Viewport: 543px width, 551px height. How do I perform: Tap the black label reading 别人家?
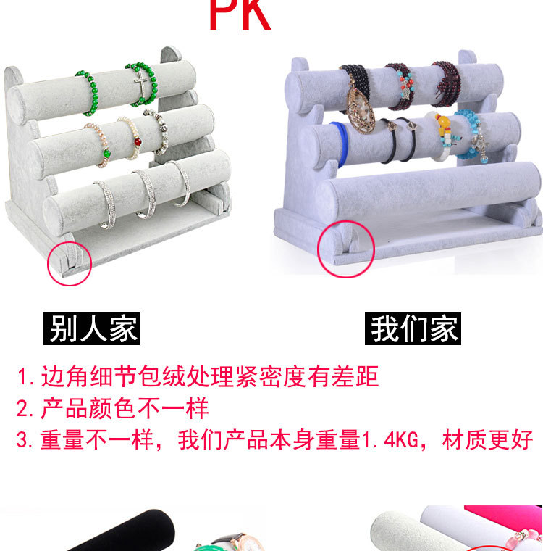(x=92, y=328)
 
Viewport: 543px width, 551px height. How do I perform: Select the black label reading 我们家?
(x=413, y=328)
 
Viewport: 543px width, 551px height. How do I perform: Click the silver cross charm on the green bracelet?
(x=141, y=86)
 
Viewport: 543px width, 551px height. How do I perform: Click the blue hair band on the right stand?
(x=340, y=144)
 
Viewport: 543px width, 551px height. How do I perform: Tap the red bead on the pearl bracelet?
(x=138, y=142)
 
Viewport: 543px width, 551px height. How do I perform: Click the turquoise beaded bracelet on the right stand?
(x=471, y=136)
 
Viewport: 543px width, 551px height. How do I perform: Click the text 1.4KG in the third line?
(x=390, y=439)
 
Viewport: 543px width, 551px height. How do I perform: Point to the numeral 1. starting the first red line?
(x=25, y=377)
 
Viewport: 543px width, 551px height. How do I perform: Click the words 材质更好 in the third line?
(x=487, y=439)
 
